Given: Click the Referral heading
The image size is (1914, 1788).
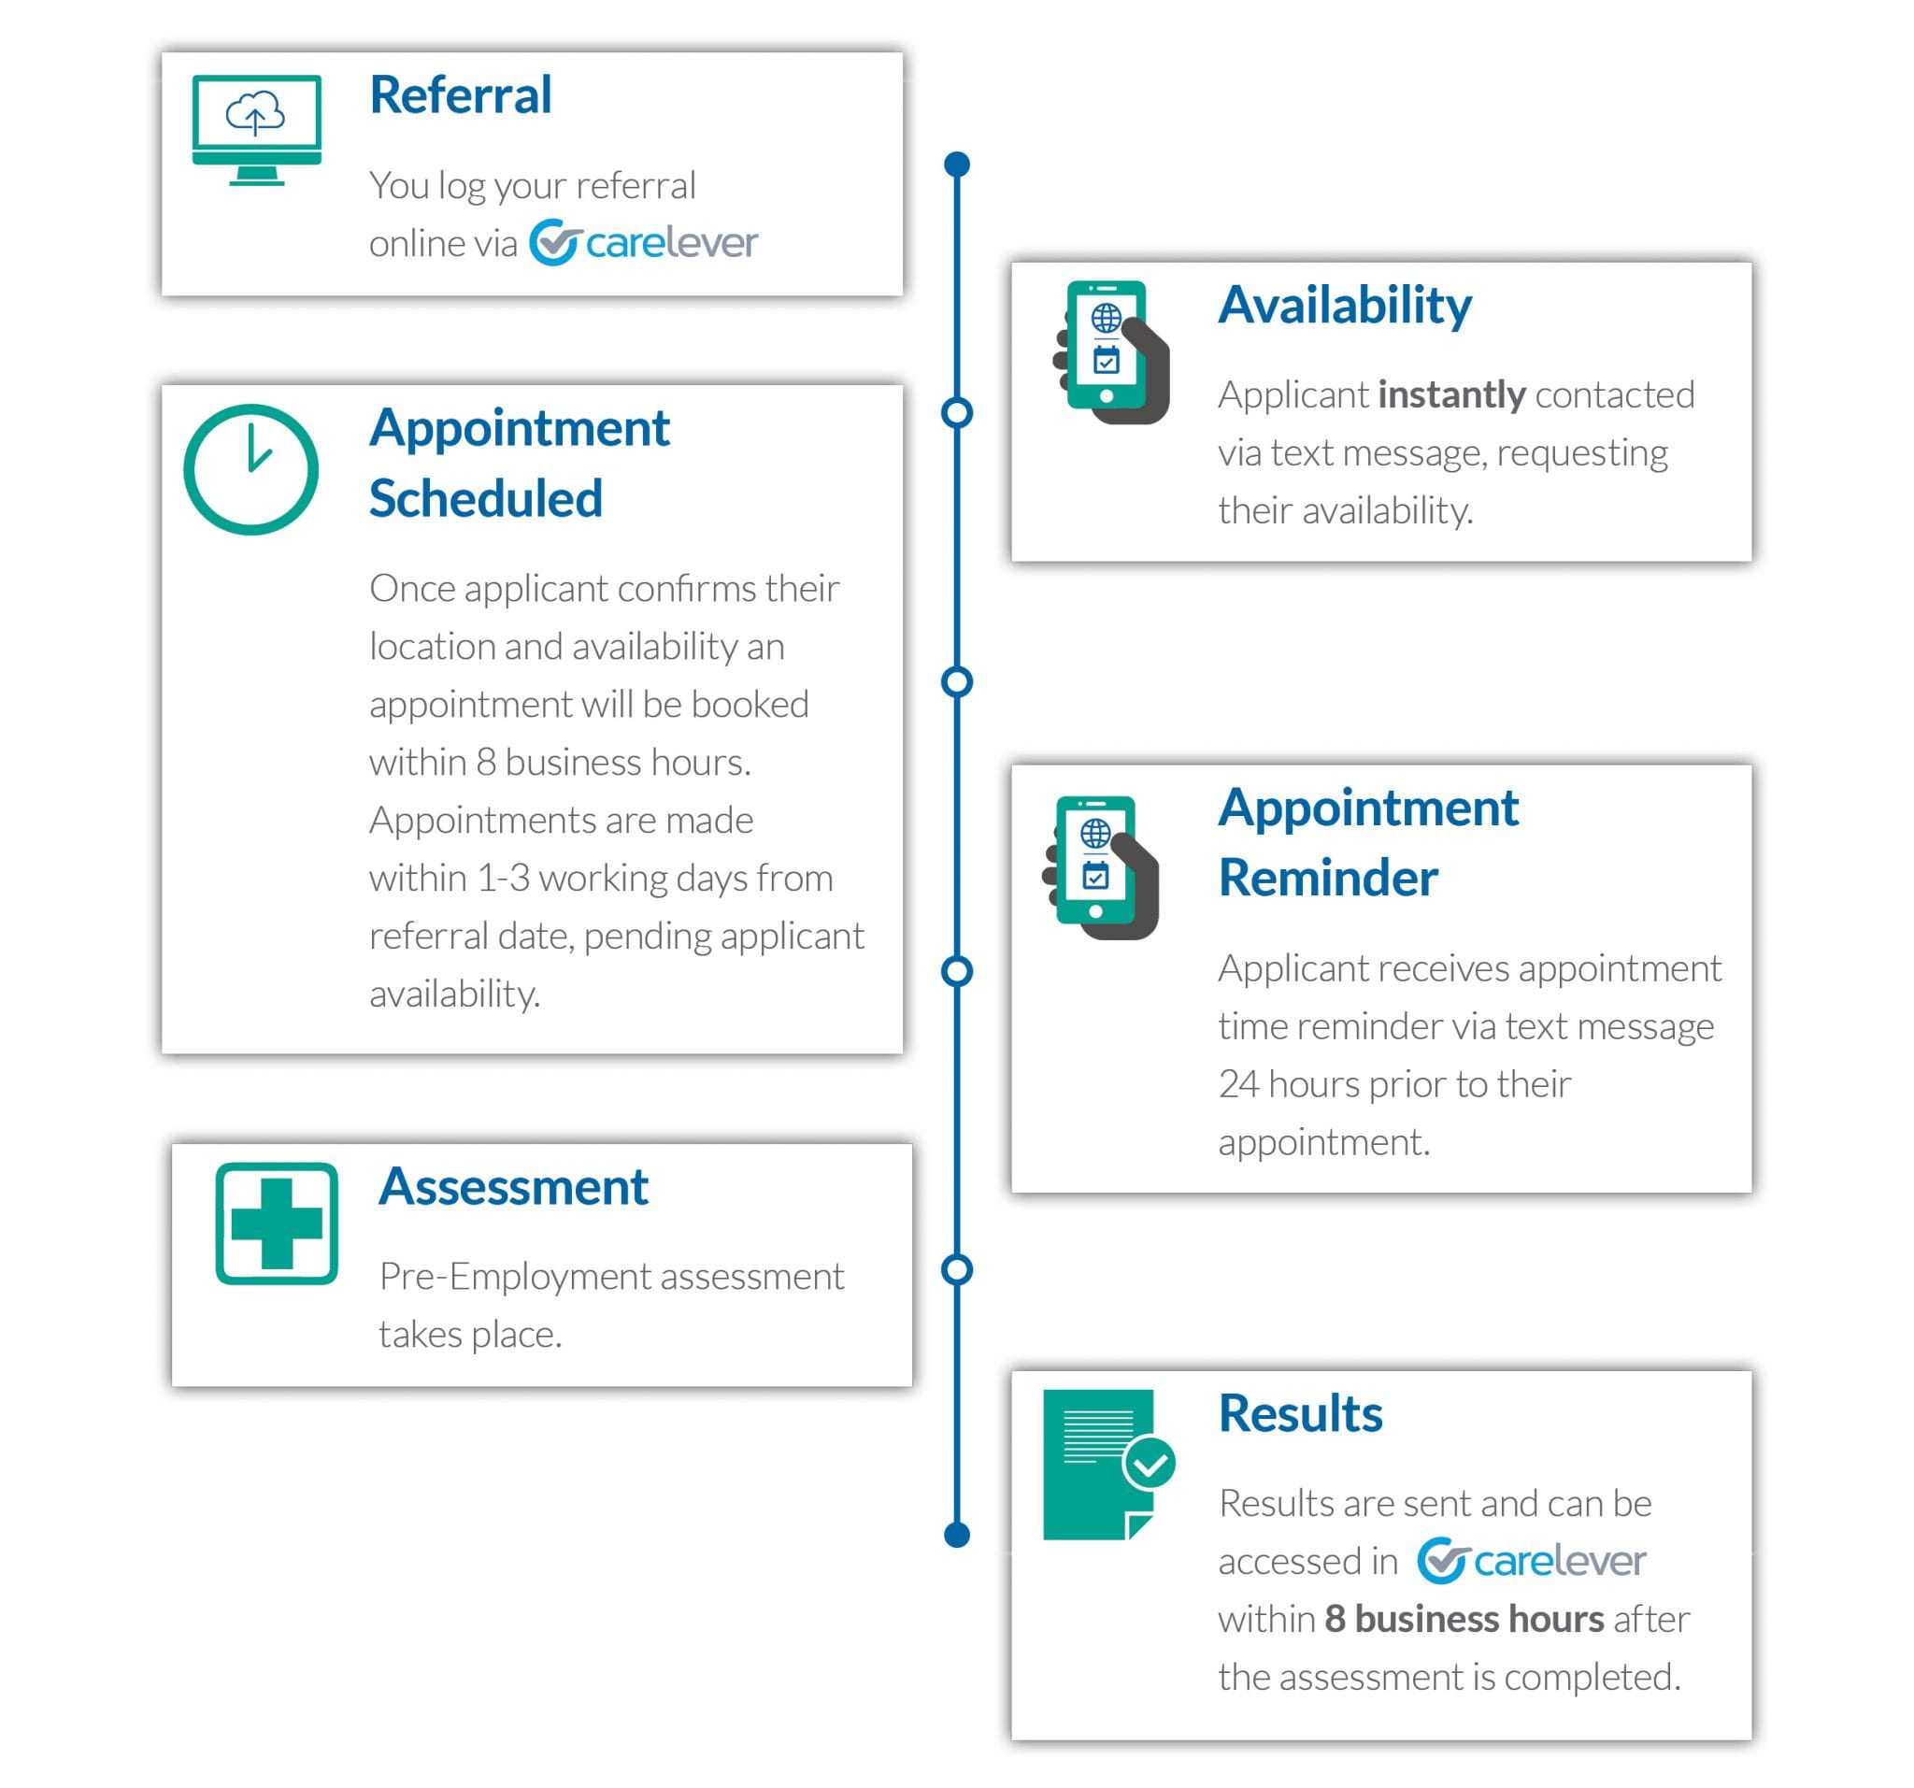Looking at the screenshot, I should (x=460, y=95).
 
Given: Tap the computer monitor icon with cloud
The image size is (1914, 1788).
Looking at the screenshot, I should (x=256, y=129).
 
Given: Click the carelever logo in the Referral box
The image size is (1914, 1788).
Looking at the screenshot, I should (x=643, y=243).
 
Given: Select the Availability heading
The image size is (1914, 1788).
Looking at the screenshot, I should (x=1344, y=306).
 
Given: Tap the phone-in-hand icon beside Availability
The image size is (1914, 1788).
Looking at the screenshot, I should (x=1112, y=352).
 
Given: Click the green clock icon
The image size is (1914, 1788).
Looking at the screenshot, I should (x=251, y=470).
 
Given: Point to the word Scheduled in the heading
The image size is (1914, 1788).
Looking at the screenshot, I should (x=485, y=499).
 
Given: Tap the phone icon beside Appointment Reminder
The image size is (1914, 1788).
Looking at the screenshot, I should (x=1100, y=866).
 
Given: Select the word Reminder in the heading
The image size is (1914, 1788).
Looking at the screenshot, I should (x=1328, y=879).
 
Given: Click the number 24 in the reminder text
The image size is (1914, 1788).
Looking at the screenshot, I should (x=1238, y=1084).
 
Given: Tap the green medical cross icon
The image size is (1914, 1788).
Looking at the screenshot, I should (x=277, y=1223).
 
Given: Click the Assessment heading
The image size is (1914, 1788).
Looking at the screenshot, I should (x=513, y=1186).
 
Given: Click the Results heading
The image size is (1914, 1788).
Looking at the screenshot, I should (x=1300, y=1413).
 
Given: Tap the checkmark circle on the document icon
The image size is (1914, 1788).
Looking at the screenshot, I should (x=1149, y=1465).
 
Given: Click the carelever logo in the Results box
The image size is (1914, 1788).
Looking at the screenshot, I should (x=1531, y=1561).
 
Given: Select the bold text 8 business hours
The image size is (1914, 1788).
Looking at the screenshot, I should (x=1464, y=1620).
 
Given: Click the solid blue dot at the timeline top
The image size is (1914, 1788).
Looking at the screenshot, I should (x=957, y=164).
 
